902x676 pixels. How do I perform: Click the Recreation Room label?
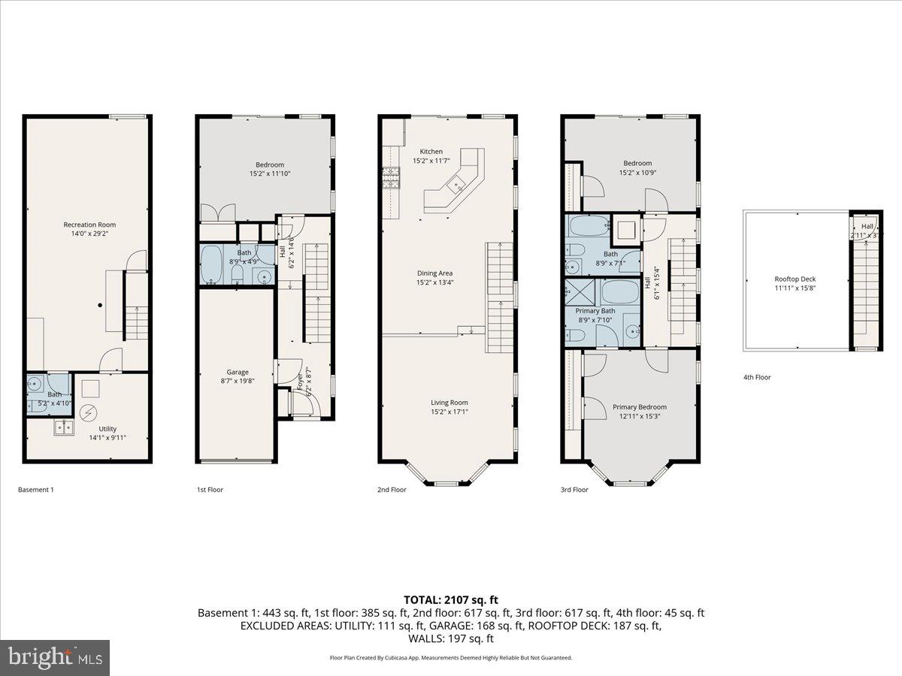pyautogui.click(x=89, y=225)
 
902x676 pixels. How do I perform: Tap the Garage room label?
pyautogui.click(x=238, y=372)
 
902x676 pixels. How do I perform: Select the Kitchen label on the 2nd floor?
pyautogui.click(x=431, y=152)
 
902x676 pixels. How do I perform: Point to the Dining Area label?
pyautogui.click(x=435, y=273)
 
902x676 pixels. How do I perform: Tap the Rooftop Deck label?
pyautogui.click(x=795, y=279)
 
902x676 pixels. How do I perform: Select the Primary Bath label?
pyautogui.click(x=595, y=311)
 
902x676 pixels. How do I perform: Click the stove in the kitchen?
pyautogui.click(x=391, y=178)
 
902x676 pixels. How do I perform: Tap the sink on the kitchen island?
pyautogui.click(x=456, y=185)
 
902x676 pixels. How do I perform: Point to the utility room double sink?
pyautogui.click(x=63, y=428)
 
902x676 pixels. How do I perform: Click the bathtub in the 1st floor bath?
pyautogui.click(x=212, y=264)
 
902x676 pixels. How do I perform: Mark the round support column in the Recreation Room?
pyautogui.click(x=100, y=305)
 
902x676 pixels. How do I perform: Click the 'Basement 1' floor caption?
pyautogui.click(x=35, y=490)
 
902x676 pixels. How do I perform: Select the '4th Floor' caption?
pyautogui.click(x=757, y=377)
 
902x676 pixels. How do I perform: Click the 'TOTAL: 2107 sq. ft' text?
pyautogui.click(x=450, y=599)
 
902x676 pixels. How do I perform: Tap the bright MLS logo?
pyautogui.click(x=55, y=658)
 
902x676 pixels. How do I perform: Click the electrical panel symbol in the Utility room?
pyautogui.click(x=89, y=412)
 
